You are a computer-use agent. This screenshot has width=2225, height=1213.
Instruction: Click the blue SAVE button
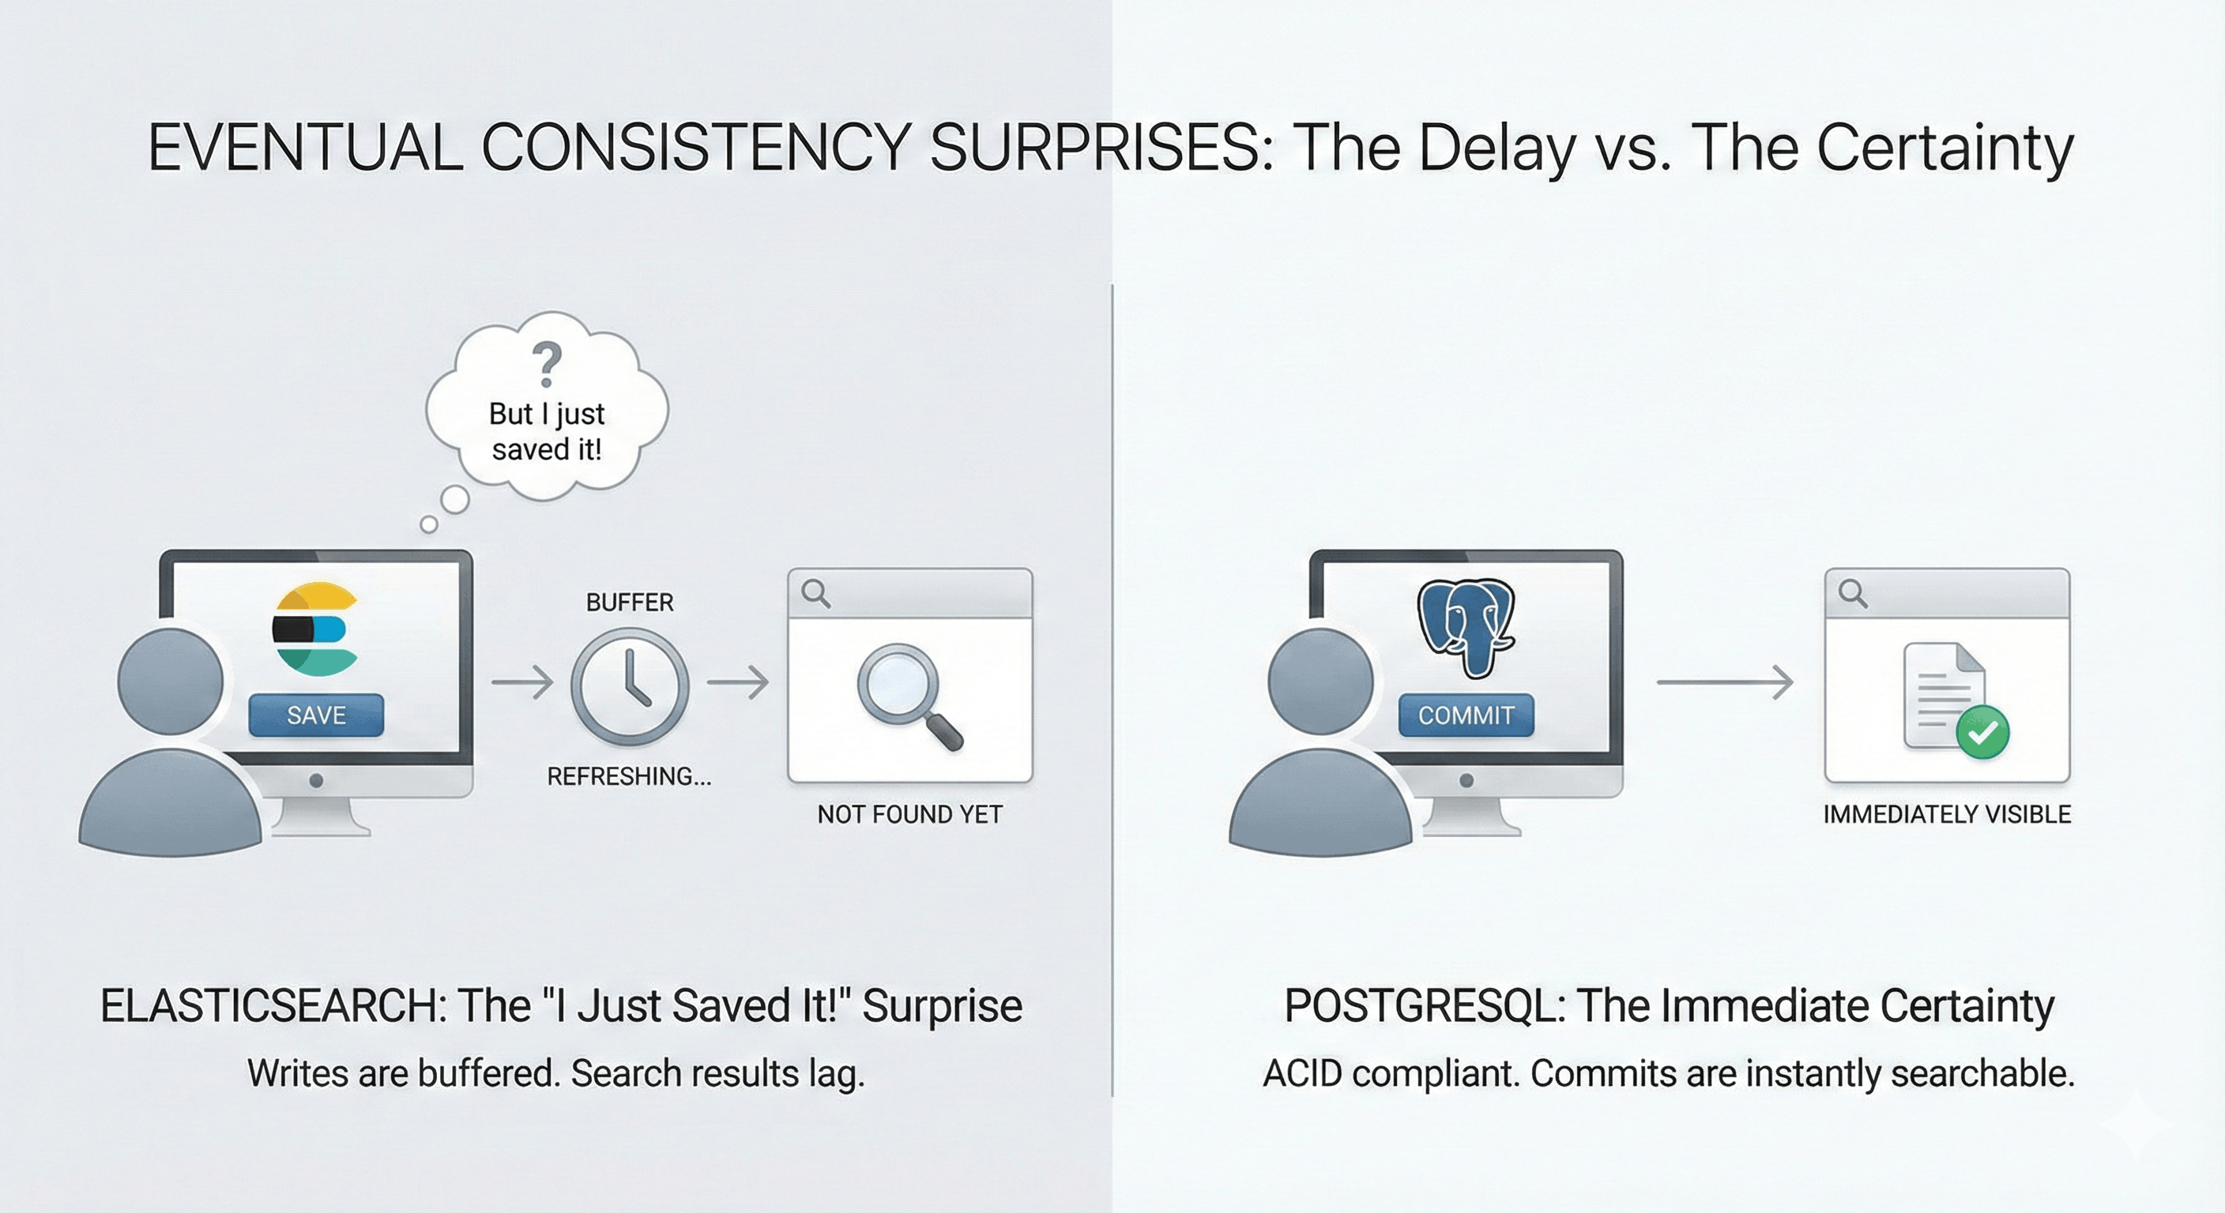pyautogui.click(x=316, y=715)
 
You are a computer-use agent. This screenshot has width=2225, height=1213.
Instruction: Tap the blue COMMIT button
pyautogui.click(x=1466, y=715)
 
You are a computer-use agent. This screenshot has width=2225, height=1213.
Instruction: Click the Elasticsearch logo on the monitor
pyautogui.click(x=315, y=629)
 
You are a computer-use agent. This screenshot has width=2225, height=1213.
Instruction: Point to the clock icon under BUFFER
pyautogui.click(x=630, y=686)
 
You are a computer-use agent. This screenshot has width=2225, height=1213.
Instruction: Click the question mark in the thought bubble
pyautogui.click(x=547, y=364)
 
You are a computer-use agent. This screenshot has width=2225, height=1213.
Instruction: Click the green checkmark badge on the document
pyautogui.click(x=1982, y=732)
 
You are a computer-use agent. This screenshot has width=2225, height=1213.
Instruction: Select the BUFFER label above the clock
pyautogui.click(x=630, y=603)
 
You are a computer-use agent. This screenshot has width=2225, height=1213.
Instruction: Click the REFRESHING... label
pyautogui.click(x=630, y=777)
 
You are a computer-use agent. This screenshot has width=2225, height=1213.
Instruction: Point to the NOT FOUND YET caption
pyautogui.click(x=909, y=814)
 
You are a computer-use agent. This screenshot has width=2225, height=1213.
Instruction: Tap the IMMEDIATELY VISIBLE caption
pyautogui.click(x=1947, y=814)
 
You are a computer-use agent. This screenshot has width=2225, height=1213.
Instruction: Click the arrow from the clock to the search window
pyautogui.click(x=738, y=682)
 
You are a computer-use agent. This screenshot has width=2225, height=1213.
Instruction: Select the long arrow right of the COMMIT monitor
pyautogui.click(x=1725, y=682)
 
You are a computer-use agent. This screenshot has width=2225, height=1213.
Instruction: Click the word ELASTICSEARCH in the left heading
pyautogui.click(x=273, y=1006)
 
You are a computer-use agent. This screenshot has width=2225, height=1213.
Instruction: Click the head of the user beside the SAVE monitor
pyautogui.click(x=170, y=682)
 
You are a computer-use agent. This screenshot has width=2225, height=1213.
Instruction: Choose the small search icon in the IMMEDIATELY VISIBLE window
pyautogui.click(x=1853, y=593)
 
